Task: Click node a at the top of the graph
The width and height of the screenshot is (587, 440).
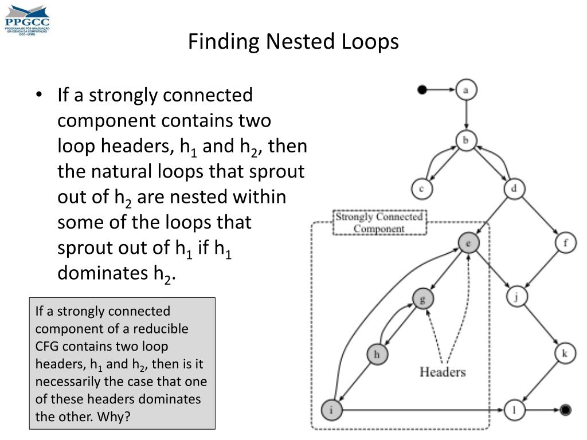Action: click(x=467, y=90)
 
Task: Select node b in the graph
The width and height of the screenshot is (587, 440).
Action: click(x=467, y=140)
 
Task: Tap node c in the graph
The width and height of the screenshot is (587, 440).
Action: click(x=421, y=188)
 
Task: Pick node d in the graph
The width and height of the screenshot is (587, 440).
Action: click(x=514, y=188)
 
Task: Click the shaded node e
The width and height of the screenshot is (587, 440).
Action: click(x=468, y=243)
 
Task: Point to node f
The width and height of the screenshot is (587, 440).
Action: click(x=566, y=243)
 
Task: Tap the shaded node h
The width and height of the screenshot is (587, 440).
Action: click(x=377, y=354)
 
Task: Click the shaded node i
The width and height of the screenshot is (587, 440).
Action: click(x=331, y=410)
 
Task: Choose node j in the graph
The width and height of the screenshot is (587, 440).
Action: click(x=516, y=297)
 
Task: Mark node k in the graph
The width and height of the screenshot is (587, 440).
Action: click(x=565, y=353)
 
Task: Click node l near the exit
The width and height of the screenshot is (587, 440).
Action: click(x=515, y=410)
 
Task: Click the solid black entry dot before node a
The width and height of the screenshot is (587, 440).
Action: click(x=422, y=89)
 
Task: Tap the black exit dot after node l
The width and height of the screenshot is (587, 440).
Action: click(x=565, y=410)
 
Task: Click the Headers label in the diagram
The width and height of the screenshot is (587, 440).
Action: click(x=443, y=372)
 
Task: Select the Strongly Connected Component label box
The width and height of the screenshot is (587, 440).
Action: click(x=379, y=223)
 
